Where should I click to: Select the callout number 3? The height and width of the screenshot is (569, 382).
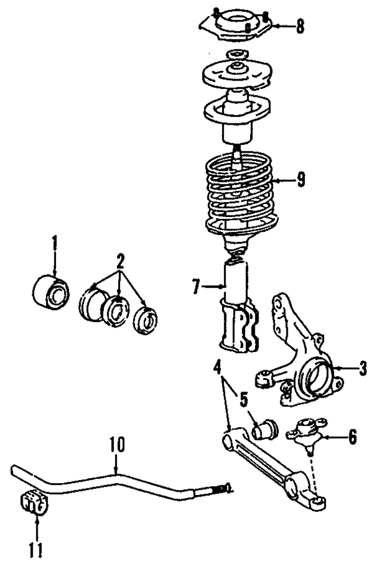(x=363, y=369)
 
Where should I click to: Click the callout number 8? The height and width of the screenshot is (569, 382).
(x=300, y=26)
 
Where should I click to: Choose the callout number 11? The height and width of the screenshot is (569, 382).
(x=37, y=546)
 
